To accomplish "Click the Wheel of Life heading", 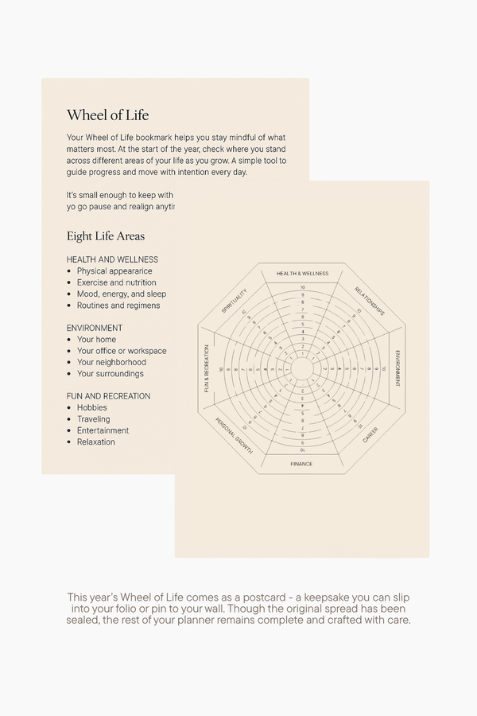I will pos(107,115).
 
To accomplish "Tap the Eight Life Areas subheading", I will pos(106,236).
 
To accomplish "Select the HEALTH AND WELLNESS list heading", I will pos(112,259).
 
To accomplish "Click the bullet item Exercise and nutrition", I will pos(116,282).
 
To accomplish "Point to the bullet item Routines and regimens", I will pos(118,305).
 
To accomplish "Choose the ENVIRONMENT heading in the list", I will pos(95,328).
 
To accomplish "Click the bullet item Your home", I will pos(96,340).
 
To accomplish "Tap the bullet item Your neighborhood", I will pos(111,362).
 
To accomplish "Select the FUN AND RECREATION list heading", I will pos(108,396).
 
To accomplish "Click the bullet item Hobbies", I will pos(91,407).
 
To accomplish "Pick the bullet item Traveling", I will pos(93,419).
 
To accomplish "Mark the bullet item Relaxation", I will pos(95,442).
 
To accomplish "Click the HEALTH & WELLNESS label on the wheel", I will pos(302,274).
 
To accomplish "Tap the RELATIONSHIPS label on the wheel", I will pos(370,302).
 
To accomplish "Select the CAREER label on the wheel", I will pos(370,435).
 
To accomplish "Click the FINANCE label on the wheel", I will pos(301,464).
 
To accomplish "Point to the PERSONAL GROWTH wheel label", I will pos(234,436).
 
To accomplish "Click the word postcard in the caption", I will pos(263,597).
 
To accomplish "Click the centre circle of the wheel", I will pos(302,369).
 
